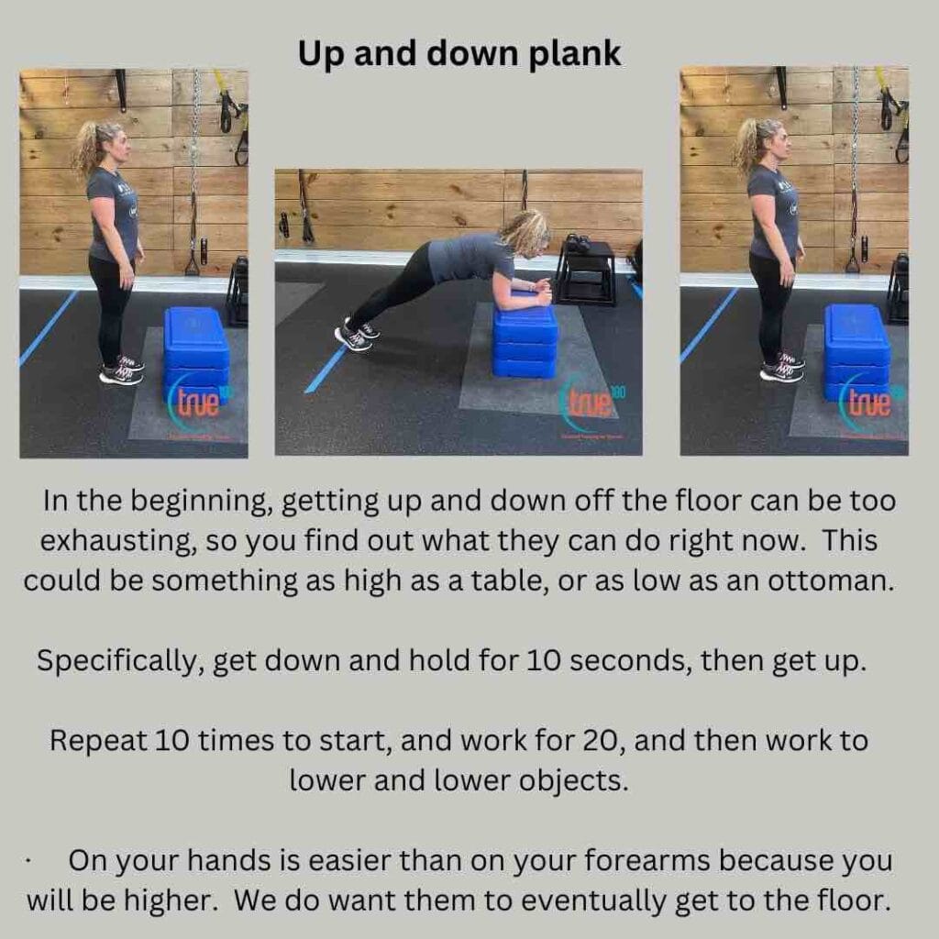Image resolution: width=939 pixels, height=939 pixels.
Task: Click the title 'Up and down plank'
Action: tap(459, 53)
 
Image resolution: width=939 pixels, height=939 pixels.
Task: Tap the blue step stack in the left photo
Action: tap(196, 353)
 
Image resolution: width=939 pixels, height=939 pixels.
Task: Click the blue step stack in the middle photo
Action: tap(525, 342)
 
